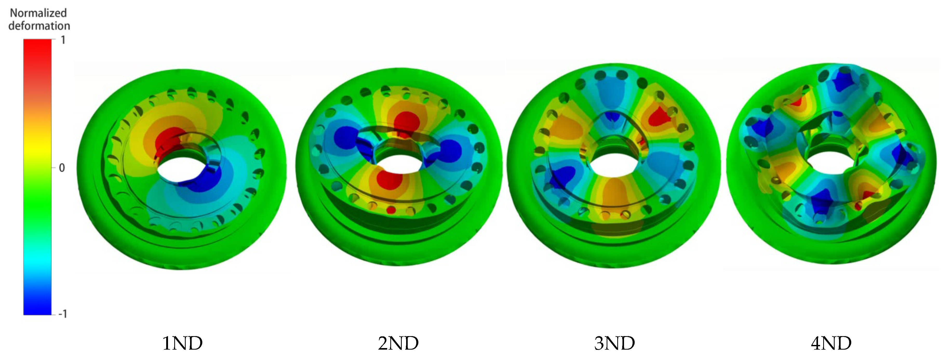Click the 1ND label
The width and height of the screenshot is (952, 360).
(x=182, y=343)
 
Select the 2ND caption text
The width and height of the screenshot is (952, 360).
(x=398, y=343)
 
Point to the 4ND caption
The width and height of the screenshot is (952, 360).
(x=831, y=343)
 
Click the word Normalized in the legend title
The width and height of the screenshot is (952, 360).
(x=38, y=13)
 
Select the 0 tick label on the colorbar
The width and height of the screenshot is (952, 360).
(x=62, y=168)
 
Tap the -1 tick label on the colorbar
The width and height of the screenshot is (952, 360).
(x=63, y=314)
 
